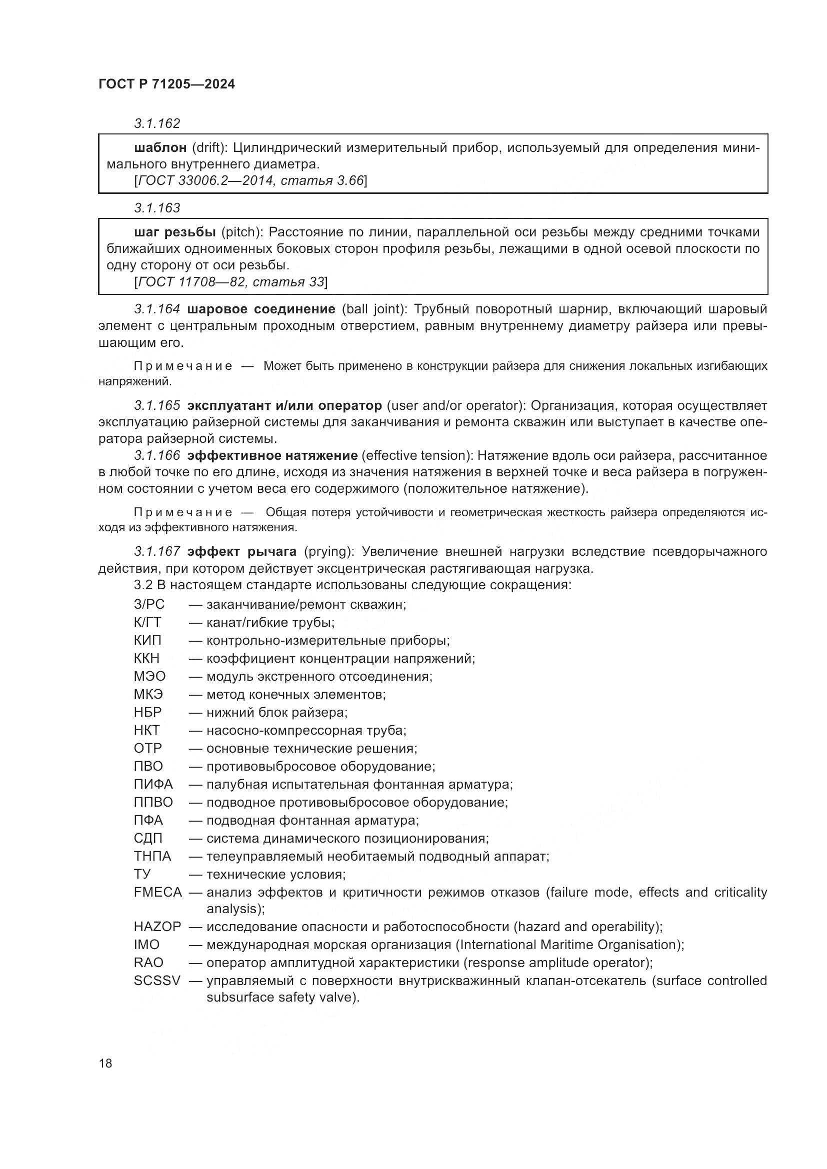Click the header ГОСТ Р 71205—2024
(166, 84)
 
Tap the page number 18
(105, 1063)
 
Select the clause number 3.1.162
(157, 124)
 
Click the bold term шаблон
(160, 148)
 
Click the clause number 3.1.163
(157, 208)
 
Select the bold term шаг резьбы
(175, 233)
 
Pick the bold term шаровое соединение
(261, 309)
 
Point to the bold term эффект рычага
(242, 551)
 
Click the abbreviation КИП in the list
(147, 641)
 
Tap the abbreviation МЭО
(149, 677)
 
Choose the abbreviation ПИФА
(153, 784)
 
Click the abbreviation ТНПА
(152, 857)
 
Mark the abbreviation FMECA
(158, 892)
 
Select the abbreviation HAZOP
(157, 927)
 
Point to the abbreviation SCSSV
(157, 981)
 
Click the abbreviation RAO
(148, 963)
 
